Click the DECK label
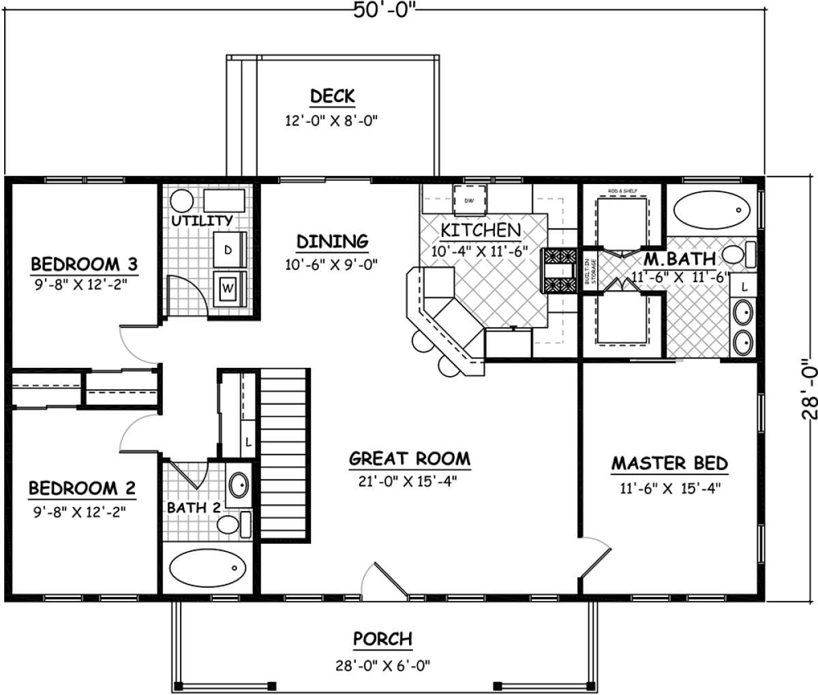pyautogui.click(x=333, y=97)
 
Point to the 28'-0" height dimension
pyautogui.click(x=808, y=388)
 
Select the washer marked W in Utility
pyautogui.click(x=229, y=287)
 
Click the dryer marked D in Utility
pyautogui.click(x=229, y=250)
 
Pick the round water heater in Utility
pyautogui.click(x=182, y=201)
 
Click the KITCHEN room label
pyautogui.click(x=481, y=230)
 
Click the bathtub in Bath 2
pyautogui.click(x=207, y=567)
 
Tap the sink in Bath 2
pyautogui.click(x=239, y=486)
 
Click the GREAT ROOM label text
pyautogui.click(x=410, y=459)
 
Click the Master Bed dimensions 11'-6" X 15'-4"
pyautogui.click(x=669, y=487)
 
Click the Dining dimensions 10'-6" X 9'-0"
pyautogui.click(x=333, y=264)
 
